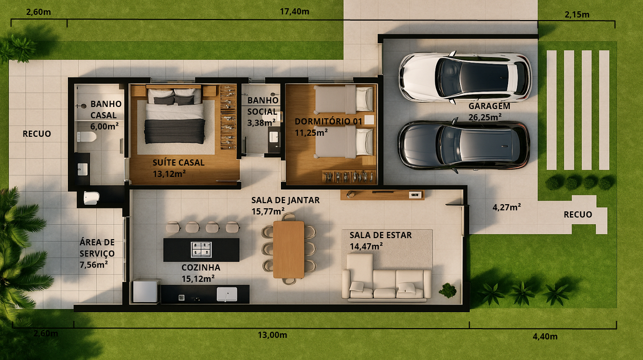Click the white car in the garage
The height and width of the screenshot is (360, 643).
point(465,77)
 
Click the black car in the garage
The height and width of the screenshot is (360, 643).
point(463,145)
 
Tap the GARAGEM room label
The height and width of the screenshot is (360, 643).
point(489,106)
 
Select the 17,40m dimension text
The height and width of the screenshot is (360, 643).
point(294,11)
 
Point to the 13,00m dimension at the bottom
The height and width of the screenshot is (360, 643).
point(272,335)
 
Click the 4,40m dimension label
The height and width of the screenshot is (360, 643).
point(545,336)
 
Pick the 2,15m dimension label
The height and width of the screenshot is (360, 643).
point(577,14)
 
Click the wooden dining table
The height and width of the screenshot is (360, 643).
point(289,249)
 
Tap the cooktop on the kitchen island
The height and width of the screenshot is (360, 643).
point(201,249)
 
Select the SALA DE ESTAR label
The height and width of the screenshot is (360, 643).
point(381,235)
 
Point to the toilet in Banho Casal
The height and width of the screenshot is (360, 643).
point(86,137)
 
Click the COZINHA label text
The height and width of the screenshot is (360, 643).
point(201,267)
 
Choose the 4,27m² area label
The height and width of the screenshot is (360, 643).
point(506,207)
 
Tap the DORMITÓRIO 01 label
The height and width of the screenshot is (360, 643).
point(328,121)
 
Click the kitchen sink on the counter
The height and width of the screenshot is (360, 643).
point(227,294)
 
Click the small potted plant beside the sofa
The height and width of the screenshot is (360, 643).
point(448,291)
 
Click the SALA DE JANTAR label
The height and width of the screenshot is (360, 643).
point(285,200)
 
